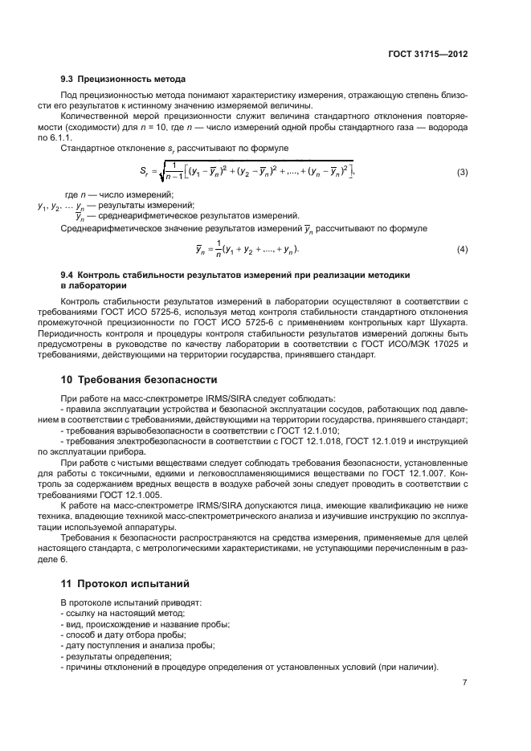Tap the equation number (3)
point(462,194)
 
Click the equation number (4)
point(462,250)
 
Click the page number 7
point(464,683)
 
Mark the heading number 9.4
point(68,275)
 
